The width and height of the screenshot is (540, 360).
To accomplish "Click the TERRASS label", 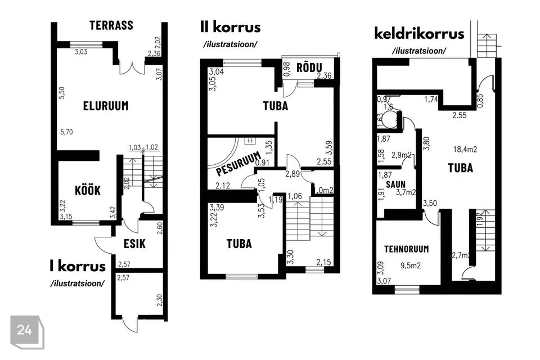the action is [x=111, y=25].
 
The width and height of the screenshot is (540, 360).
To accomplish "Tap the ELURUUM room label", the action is [x=106, y=106].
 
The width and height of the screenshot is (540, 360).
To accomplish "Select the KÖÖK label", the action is [x=88, y=190].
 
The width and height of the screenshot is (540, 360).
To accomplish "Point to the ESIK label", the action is [x=134, y=244].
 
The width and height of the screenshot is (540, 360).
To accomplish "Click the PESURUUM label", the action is [x=238, y=164].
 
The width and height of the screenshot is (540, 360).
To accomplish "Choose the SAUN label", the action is [x=395, y=184].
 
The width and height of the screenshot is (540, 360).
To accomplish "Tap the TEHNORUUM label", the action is [x=407, y=249].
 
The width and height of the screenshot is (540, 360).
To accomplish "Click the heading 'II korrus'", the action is [x=231, y=27].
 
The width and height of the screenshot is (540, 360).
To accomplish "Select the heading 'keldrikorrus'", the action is [x=419, y=34].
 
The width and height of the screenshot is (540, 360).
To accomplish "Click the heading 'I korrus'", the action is [x=78, y=266].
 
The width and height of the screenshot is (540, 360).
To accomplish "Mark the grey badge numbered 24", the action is [x=27, y=332].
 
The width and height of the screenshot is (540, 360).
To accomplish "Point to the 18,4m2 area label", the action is [x=465, y=149].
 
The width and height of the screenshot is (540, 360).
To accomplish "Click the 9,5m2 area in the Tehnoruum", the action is [x=411, y=265].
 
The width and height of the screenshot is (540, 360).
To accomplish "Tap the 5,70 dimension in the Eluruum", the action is [x=66, y=132].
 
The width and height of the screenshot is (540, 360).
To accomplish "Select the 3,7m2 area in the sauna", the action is [x=406, y=192].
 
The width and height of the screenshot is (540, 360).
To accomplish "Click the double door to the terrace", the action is [x=132, y=68].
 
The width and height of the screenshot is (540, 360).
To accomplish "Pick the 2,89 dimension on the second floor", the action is [x=292, y=174].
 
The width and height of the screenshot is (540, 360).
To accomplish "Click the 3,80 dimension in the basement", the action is [x=426, y=143].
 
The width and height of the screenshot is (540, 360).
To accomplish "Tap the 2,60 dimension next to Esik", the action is [x=159, y=228].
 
